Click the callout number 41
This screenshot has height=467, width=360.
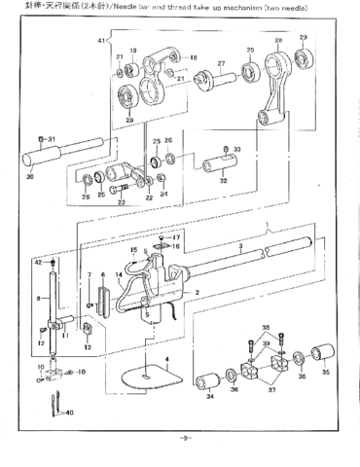tap(100, 40)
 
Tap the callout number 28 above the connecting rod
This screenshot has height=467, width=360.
tap(278, 41)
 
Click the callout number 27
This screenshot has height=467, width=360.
tap(221, 64)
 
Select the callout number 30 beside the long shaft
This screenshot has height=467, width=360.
tap(29, 177)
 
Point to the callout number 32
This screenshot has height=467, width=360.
tap(223, 180)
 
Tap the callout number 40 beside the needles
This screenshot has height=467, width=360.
tap(69, 413)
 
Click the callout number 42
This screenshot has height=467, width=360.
tap(38, 263)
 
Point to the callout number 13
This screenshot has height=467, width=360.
tap(87, 347)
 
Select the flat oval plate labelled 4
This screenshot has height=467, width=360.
tap(142, 374)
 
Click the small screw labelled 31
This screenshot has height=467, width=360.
tap(40, 139)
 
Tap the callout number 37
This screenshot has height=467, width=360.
tap(270, 396)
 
